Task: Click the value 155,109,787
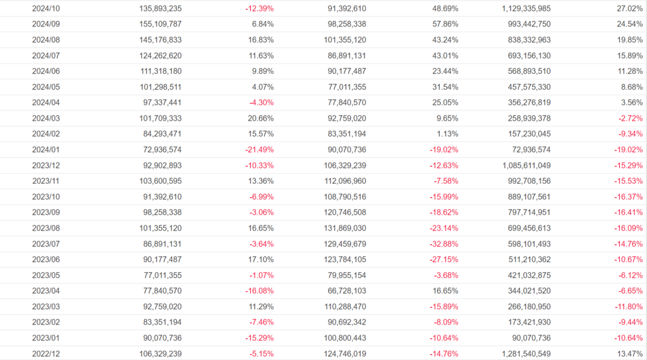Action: [x=154, y=25]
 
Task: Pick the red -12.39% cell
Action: [x=259, y=9]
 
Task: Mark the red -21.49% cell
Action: [x=259, y=150]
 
